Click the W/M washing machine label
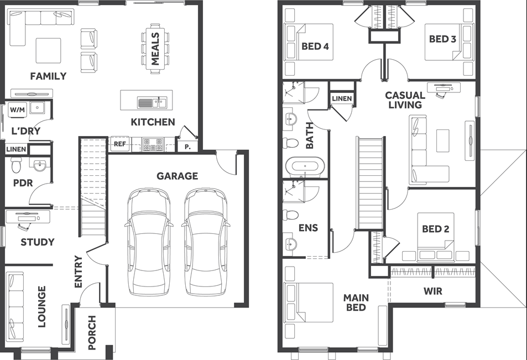[x=17, y=109]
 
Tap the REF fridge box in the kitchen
[x=120, y=144]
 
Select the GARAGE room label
[x=177, y=176]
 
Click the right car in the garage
[x=206, y=242]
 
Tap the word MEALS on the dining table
[x=155, y=49]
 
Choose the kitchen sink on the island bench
[x=152, y=102]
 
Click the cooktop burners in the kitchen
[x=153, y=144]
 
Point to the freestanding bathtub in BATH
[x=305, y=166]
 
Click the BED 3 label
[x=442, y=39]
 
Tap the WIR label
[x=433, y=291]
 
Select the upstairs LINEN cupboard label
[x=342, y=98]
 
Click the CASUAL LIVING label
[x=405, y=100]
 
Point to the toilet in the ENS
[x=291, y=215]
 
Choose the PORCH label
[x=92, y=332]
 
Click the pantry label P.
[x=187, y=147]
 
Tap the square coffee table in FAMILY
[x=49, y=50]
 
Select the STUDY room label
[x=37, y=242]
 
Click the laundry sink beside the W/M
[x=37, y=108]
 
